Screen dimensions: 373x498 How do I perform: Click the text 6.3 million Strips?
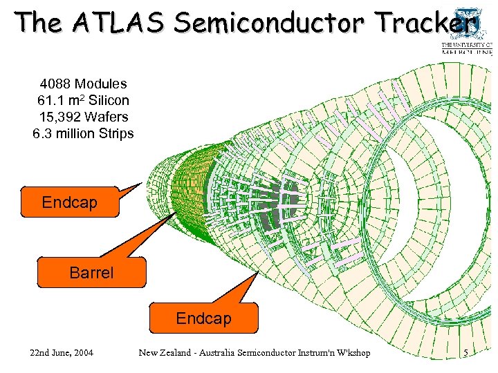pyautogui.click(x=83, y=133)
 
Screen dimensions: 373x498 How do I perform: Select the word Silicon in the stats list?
pyautogui.click(x=109, y=100)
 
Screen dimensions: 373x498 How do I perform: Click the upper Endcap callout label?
pyautogui.click(x=69, y=202)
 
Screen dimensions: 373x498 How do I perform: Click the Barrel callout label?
pyautogui.click(x=91, y=273)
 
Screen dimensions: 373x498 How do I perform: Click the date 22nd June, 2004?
pyautogui.click(x=62, y=353)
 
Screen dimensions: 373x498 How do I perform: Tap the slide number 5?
pyautogui.click(x=465, y=353)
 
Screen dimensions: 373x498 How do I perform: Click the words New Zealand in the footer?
pyautogui.click(x=164, y=353)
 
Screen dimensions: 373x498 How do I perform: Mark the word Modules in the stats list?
pyautogui.click(x=101, y=84)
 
